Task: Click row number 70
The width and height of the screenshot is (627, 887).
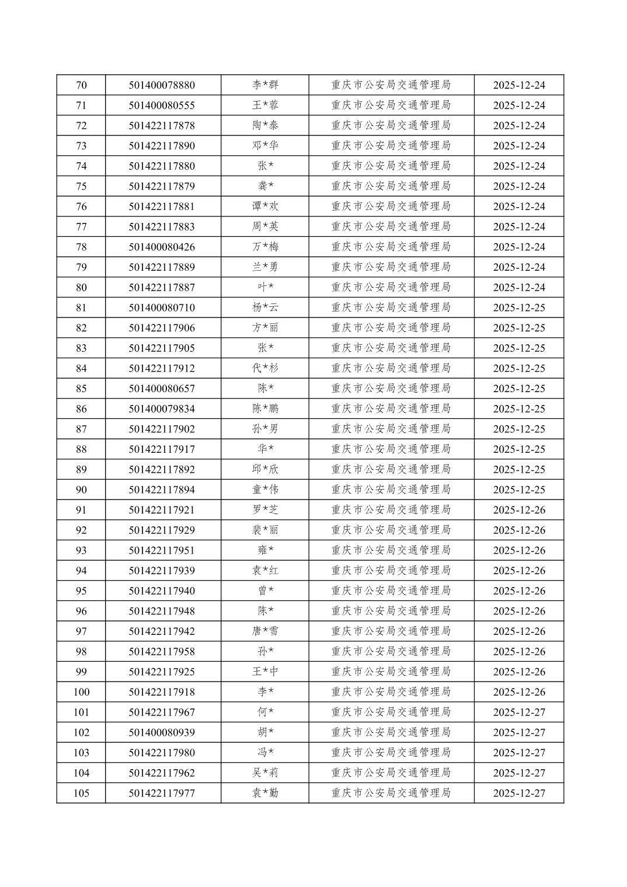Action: click(x=81, y=85)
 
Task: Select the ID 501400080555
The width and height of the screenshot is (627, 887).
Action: click(x=162, y=106)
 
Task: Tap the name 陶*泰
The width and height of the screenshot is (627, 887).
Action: click(x=265, y=125)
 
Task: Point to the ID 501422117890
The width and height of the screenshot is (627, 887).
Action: click(x=162, y=146)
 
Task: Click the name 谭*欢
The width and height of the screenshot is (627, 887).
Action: click(x=265, y=207)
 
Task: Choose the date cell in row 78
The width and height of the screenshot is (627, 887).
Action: click(x=518, y=247)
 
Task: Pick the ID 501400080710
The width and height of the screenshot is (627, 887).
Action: click(x=162, y=308)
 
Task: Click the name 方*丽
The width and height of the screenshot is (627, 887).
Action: click(x=265, y=328)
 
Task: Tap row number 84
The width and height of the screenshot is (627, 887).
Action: click(x=81, y=368)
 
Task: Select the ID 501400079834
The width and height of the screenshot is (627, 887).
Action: click(x=162, y=408)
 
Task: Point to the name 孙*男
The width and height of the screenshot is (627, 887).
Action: click(x=265, y=429)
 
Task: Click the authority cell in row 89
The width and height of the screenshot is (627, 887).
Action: click(x=391, y=469)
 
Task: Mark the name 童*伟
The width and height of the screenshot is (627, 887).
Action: click(x=265, y=490)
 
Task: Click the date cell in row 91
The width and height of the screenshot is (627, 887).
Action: click(x=518, y=510)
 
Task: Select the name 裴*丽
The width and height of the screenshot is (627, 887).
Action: click(x=265, y=530)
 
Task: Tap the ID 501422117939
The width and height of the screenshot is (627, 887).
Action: click(x=162, y=571)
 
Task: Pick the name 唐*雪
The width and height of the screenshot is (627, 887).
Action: click(x=265, y=631)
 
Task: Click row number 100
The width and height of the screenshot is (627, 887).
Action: click(x=81, y=692)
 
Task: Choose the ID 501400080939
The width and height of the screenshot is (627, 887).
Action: click(x=162, y=732)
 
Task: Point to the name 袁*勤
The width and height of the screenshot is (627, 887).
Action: click(x=265, y=793)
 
